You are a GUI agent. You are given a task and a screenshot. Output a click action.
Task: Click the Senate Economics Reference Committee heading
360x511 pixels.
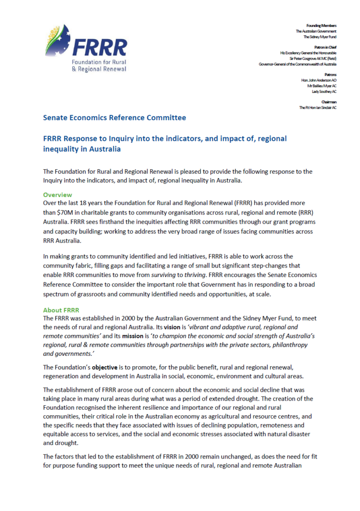(x=115, y=118)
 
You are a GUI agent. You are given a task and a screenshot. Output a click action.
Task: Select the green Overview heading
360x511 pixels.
(x=57, y=195)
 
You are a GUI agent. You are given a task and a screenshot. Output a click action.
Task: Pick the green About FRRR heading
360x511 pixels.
(x=61, y=310)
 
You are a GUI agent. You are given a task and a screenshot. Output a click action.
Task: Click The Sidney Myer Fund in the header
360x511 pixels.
(x=320, y=37)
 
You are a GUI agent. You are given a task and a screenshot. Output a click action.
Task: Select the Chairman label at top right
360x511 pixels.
(x=327, y=102)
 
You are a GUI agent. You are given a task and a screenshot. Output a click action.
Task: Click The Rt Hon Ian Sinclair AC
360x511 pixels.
(x=318, y=108)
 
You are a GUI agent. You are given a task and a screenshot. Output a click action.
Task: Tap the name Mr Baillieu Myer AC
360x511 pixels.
(x=322, y=86)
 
